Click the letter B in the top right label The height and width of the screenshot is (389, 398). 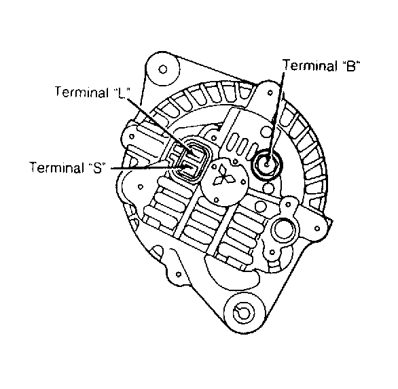coord(350,67)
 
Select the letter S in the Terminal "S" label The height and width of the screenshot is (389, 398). coord(97,168)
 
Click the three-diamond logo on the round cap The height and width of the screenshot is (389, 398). coord(223,175)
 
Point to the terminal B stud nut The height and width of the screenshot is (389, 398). coord(267,164)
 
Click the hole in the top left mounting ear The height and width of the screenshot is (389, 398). coord(163,69)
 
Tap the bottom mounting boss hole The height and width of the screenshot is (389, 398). coord(243,314)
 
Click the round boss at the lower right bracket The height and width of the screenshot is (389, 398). coord(284,228)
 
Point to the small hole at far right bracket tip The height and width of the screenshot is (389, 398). coord(317,229)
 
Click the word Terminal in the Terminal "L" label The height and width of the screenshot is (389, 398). coord(82,92)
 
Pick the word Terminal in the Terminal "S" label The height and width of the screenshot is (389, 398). coord(57,167)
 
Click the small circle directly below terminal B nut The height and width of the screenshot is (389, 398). coord(268,188)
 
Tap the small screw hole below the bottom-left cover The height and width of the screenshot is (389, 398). coord(179,274)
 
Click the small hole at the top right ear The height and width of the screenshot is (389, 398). coord(270,92)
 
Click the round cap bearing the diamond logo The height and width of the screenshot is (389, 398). coord(224,182)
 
